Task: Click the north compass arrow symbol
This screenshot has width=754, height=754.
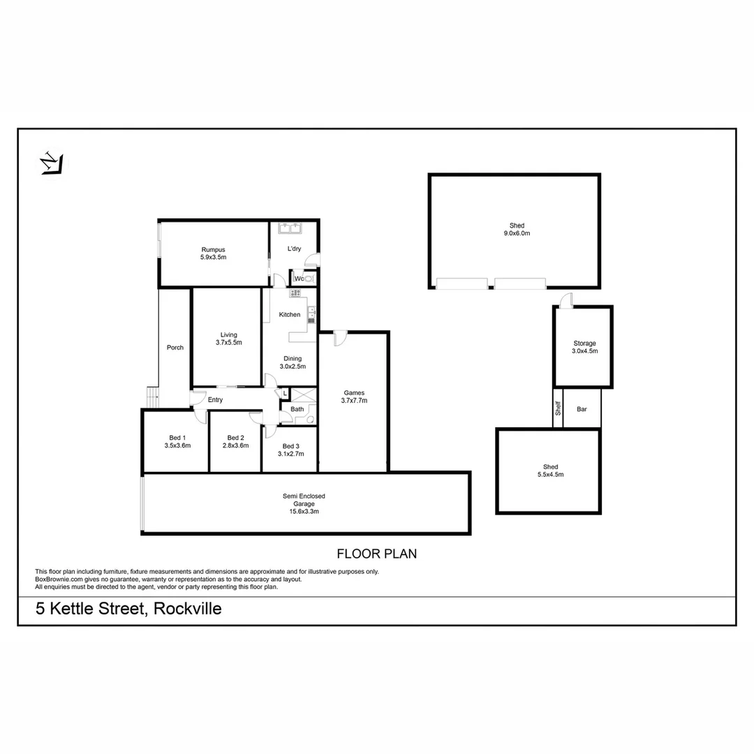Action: click(51, 164)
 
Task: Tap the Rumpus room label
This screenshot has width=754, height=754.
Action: click(213, 249)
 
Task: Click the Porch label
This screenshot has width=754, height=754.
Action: click(175, 348)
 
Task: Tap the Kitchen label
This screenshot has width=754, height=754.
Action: click(290, 315)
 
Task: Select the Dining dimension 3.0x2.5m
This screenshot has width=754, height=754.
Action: click(293, 366)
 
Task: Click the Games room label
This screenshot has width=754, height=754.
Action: click(354, 392)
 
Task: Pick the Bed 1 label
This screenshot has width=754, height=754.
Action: click(177, 438)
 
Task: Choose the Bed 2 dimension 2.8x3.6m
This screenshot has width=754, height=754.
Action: click(235, 445)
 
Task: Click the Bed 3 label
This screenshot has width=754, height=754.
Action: click(290, 446)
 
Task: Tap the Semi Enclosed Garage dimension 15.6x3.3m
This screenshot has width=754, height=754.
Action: click(304, 511)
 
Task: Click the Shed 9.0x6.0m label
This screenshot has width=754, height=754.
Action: click(517, 226)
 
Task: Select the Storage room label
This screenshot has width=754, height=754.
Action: click(584, 343)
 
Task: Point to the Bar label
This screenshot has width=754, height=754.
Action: click(582, 409)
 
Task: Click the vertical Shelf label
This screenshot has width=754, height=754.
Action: click(558, 408)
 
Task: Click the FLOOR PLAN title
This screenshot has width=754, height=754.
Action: click(376, 554)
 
